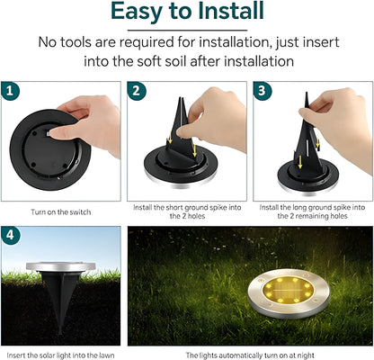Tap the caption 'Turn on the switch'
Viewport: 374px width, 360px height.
click(60, 211)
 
